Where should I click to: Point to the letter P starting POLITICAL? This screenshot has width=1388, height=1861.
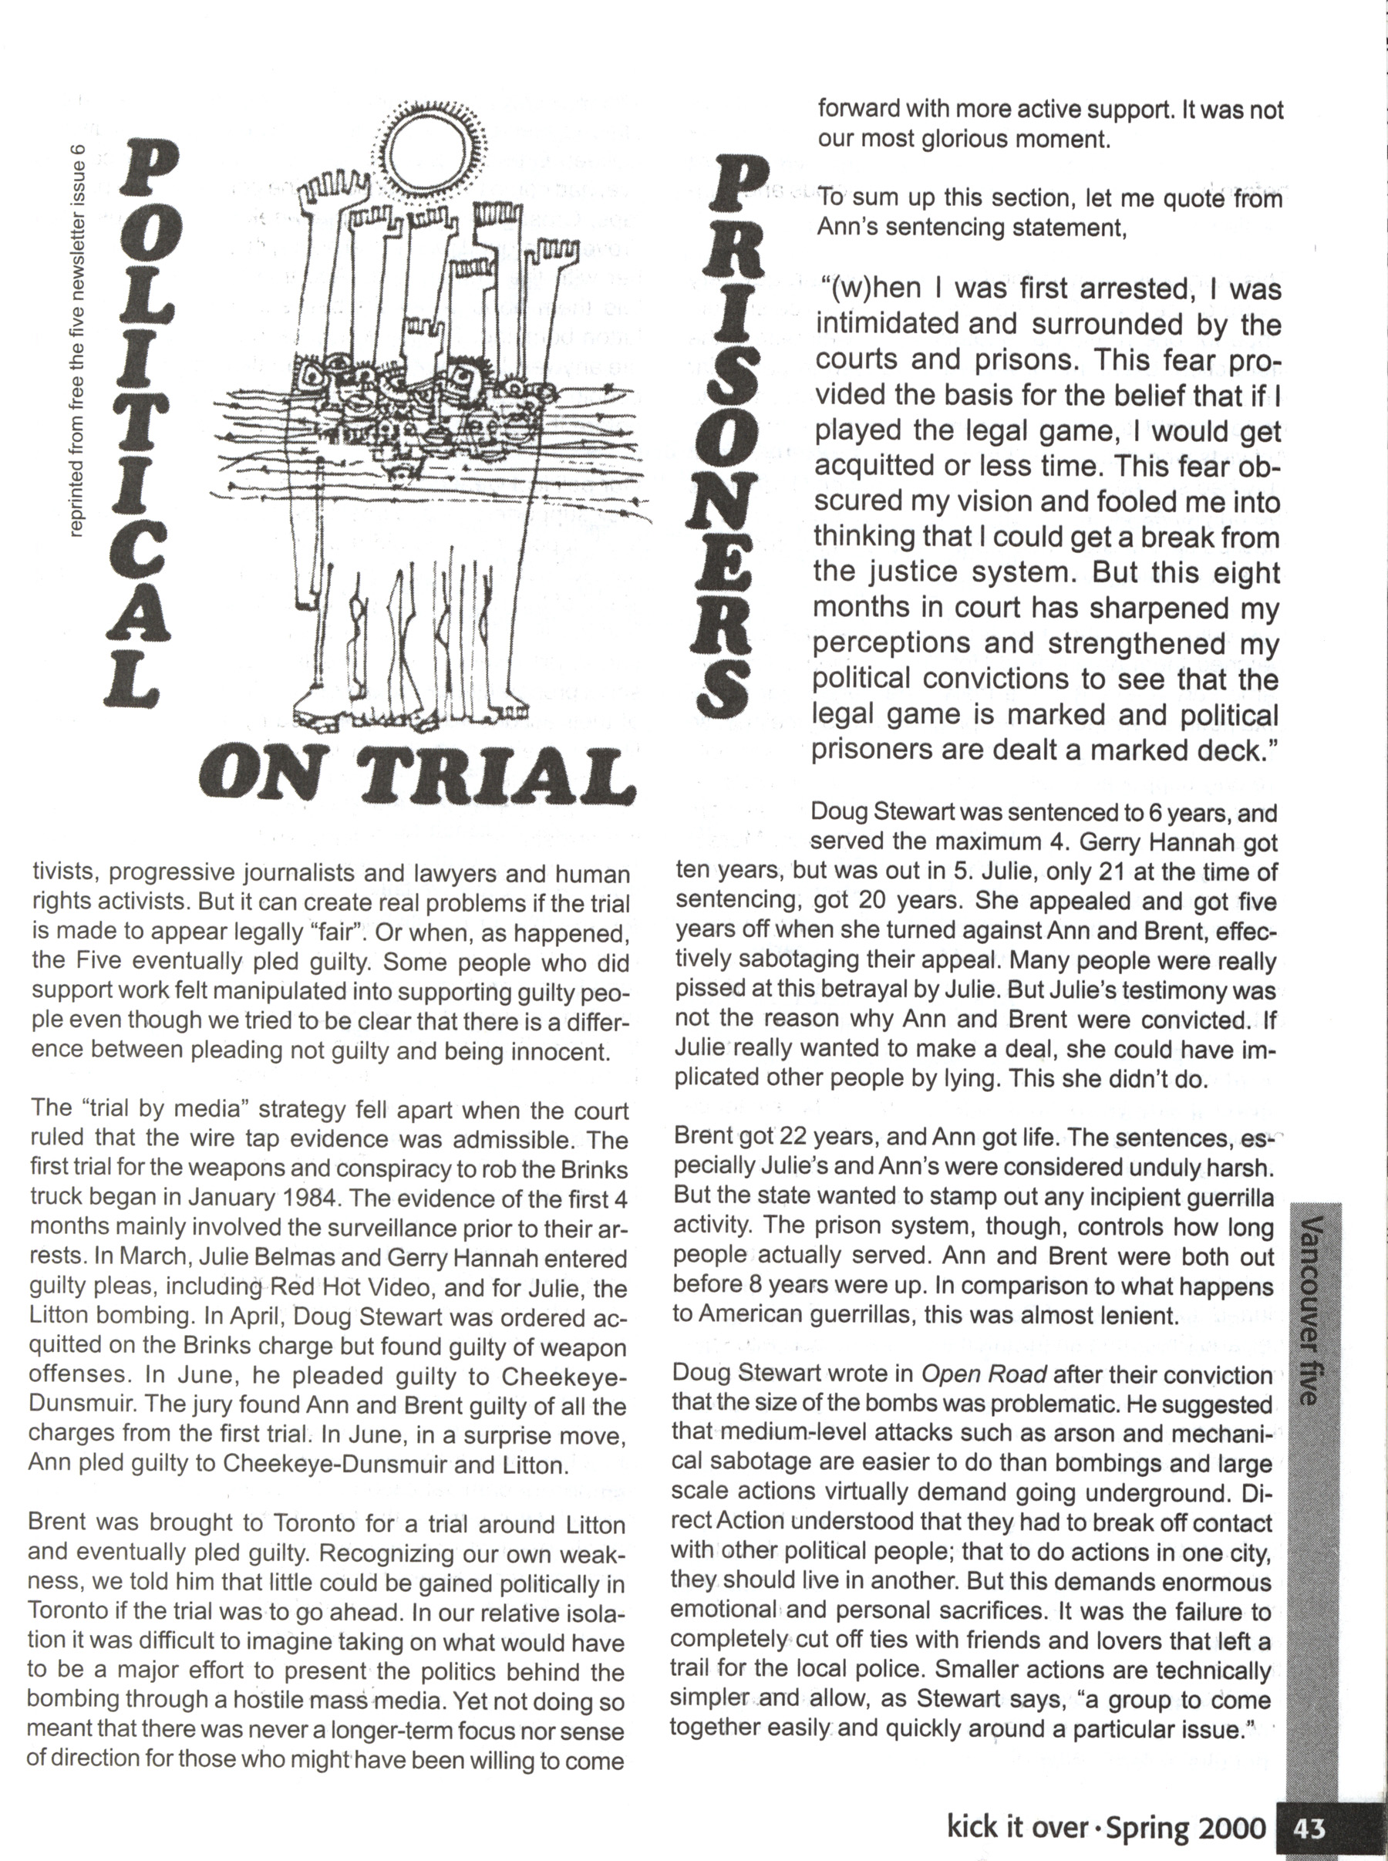pyautogui.click(x=147, y=167)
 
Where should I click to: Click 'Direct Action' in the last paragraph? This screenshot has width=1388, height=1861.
pyautogui.click(x=728, y=1522)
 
